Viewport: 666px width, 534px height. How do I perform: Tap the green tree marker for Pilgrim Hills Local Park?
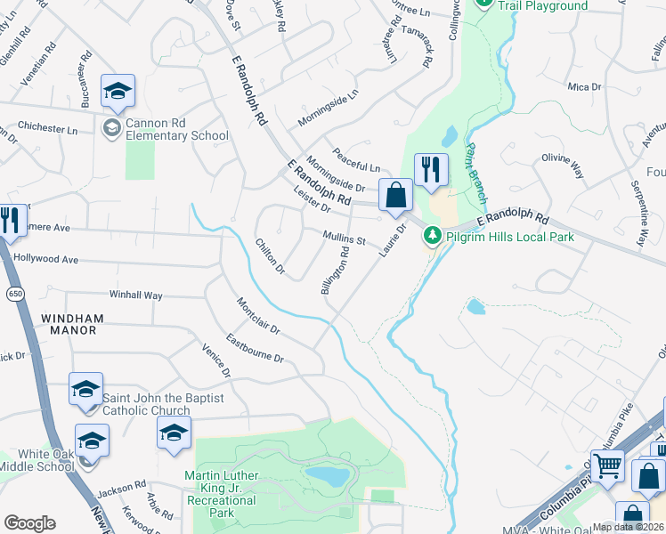(x=433, y=236)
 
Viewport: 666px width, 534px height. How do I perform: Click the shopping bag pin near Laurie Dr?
(x=394, y=195)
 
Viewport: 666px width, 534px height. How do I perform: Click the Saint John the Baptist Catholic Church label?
(x=146, y=404)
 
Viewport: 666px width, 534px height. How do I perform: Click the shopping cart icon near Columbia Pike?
(x=607, y=465)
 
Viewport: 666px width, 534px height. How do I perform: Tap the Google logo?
(x=29, y=523)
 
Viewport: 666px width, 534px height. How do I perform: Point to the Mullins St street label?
(x=345, y=239)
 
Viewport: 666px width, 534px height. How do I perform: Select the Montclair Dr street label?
(x=259, y=316)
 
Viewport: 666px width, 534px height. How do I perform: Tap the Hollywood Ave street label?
(x=46, y=260)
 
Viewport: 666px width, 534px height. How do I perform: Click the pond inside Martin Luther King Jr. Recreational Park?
(x=326, y=477)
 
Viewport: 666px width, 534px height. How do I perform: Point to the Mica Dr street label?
(x=585, y=87)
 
